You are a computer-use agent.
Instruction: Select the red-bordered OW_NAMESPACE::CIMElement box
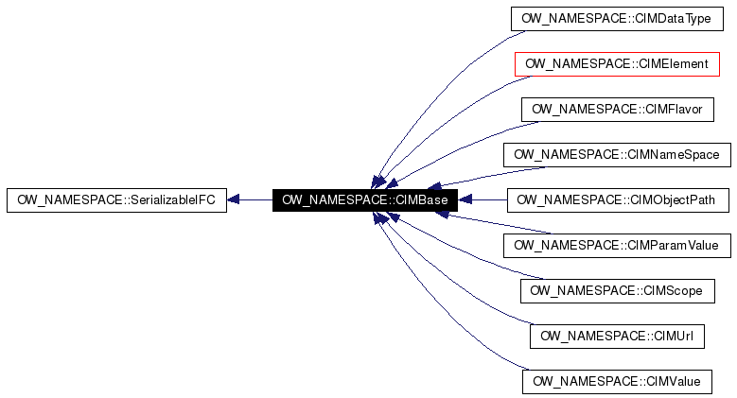[x=617, y=63]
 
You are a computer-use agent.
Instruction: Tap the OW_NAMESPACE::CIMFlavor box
[x=617, y=109]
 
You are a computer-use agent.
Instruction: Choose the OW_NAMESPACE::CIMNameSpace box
[x=617, y=154]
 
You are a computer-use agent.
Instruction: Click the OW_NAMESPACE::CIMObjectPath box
[x=617, y=199]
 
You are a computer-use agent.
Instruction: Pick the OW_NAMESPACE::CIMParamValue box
[x=617, y=245]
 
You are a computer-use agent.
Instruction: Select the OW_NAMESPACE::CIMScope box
[x=617, y=290]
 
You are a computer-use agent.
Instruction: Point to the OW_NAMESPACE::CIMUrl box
[x=617, y=336]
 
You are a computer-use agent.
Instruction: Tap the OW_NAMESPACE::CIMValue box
[x=617, y=381]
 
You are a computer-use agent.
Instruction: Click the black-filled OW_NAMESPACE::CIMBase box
[x=365, y=199]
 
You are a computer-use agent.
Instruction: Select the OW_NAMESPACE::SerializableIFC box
[x=116, y=199]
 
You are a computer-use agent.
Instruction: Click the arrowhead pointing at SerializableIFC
[x=236, y=199]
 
